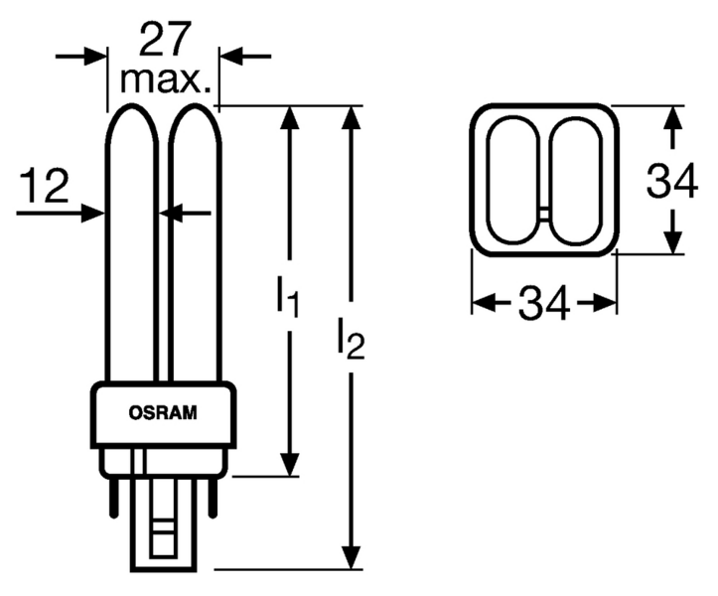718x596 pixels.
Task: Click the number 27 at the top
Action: point(164,40)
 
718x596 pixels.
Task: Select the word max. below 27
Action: point(165,79)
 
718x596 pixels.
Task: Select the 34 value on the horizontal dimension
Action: point(544,303)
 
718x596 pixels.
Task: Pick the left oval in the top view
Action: point(517,181)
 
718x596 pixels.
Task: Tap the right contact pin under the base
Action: point(220,491)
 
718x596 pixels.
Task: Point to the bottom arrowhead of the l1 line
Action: point(289,464)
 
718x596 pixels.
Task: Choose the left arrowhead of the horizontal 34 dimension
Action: point(481,302)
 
